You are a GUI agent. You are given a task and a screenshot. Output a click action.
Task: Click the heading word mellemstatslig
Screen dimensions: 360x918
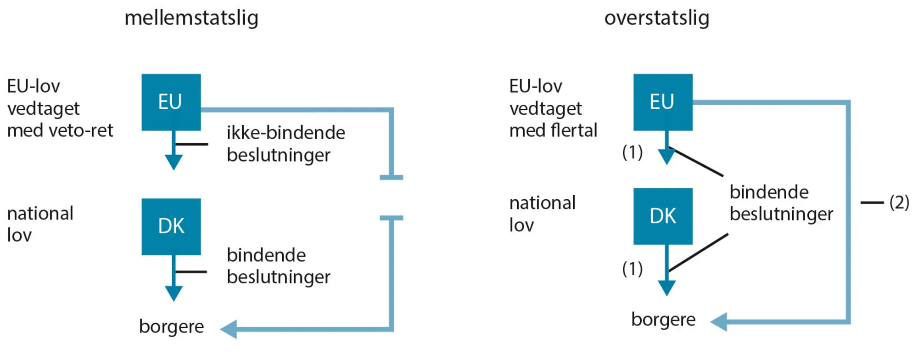[191, 18]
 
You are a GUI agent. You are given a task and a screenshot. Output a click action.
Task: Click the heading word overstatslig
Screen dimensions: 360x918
[656, 18]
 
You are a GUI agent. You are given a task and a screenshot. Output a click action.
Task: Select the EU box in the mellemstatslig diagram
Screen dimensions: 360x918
[171, 102]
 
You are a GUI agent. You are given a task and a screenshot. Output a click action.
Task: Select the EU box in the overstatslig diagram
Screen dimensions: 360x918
[662, 102]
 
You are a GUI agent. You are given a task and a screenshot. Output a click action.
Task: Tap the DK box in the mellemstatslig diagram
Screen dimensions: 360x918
[171, 226]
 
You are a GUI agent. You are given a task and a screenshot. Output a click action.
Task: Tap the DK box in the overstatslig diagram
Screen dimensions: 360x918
[662, 216]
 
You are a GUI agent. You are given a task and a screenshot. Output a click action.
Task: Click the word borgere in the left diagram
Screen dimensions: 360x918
[171, 326]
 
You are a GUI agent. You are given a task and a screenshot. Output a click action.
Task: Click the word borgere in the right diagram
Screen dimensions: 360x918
[663, 319]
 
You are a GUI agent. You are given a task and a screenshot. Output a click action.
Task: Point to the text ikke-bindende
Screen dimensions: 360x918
[285, 133]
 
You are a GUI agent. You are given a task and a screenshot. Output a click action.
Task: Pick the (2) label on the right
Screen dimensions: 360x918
[899, 202]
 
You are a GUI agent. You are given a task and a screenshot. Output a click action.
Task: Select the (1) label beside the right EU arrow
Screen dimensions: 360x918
[632, 152]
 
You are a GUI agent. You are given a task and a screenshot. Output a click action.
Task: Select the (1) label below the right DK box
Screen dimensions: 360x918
[632, 269]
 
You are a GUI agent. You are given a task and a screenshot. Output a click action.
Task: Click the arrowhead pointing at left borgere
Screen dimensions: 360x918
[229, 329]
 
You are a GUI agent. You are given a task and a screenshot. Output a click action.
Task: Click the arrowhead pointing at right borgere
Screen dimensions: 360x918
[719, 322]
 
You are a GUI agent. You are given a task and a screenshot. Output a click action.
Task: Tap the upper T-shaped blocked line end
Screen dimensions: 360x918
[391, 177]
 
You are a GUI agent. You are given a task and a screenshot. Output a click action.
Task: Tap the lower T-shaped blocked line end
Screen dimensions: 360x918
[391, 218]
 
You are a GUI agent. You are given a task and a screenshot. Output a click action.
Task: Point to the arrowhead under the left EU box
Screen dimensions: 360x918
[174, 162]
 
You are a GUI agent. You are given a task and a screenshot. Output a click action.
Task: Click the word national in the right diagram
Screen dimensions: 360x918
[542, 202]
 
